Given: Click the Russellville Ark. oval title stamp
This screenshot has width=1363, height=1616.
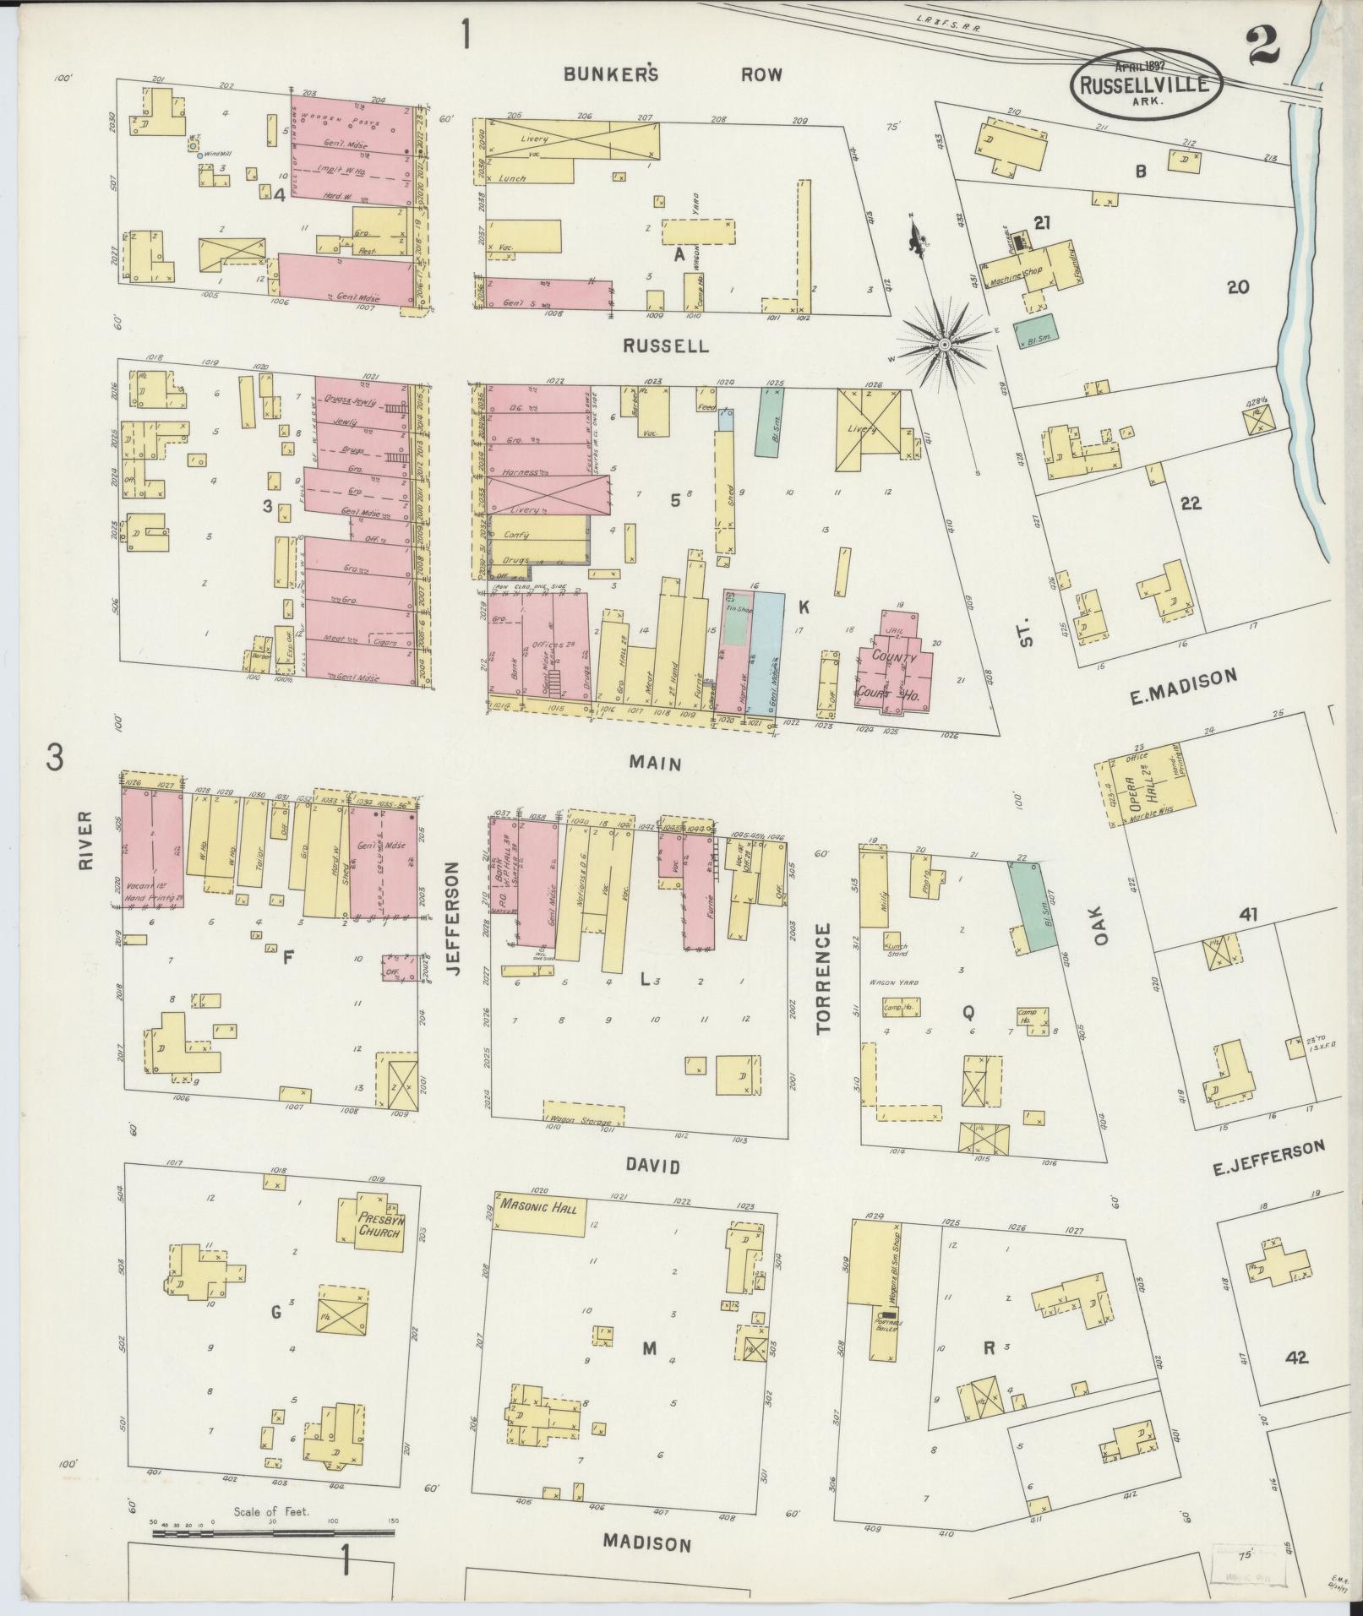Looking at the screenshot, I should click(1147, 84).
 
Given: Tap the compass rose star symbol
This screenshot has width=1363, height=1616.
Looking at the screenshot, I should click(945, 345).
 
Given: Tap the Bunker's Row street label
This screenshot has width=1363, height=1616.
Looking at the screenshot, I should click(673, 74).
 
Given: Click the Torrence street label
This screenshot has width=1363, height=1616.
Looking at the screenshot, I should click(824, 978).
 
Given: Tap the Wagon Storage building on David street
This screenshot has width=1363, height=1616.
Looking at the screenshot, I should click(583, 1114).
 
